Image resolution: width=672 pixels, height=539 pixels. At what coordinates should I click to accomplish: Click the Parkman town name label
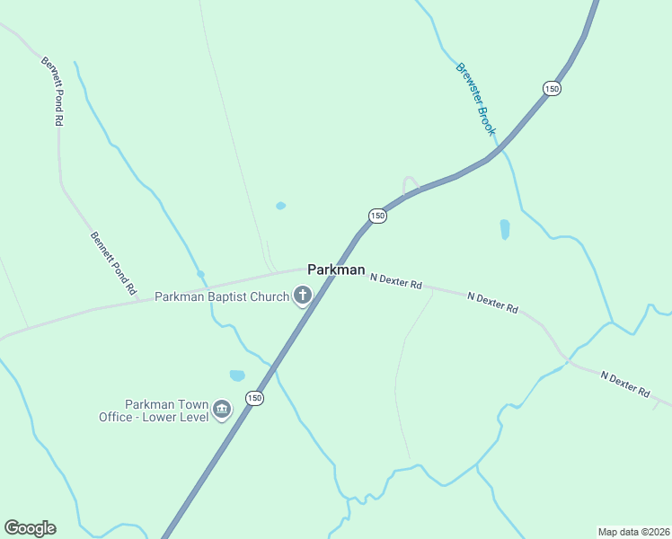[336, 269]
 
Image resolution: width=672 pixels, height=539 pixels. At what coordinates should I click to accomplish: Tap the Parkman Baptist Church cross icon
[303, 296]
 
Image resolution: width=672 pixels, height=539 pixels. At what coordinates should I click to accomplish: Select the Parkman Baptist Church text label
[222, 296]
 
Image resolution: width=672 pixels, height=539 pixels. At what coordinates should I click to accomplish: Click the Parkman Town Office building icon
[221, 411]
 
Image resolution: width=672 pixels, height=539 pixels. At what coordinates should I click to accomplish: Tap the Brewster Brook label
[475, 99]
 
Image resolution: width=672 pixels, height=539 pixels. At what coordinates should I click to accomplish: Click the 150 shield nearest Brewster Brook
[552, 88]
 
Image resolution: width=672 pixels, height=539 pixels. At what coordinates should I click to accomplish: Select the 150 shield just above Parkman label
[377, 216]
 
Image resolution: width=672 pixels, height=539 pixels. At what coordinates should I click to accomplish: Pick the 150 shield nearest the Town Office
[255, 398]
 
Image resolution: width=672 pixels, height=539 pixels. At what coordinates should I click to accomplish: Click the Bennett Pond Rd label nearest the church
[113, 264]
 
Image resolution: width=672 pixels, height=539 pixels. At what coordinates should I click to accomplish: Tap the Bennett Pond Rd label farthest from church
[52, 91]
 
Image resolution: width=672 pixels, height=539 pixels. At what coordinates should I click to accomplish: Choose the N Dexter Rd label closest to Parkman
[396, 281]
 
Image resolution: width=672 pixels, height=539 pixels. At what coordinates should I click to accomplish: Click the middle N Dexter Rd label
[492, 303]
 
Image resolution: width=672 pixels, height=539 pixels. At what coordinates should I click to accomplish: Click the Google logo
[30, 527]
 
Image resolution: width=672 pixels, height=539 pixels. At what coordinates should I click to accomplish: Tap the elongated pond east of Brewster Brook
[504, 230]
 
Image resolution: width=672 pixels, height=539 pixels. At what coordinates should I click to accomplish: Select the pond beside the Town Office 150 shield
[237, 376]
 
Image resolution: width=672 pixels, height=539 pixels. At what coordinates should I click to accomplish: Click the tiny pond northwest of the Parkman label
[280, 206]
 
